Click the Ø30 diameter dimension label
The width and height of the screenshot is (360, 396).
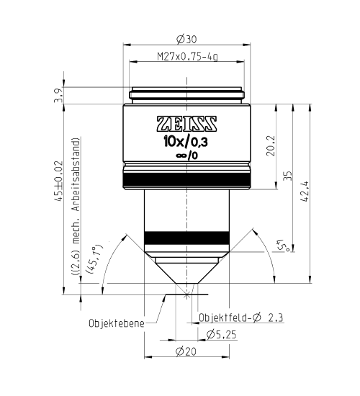pos(186,39)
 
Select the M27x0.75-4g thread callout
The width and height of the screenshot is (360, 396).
pos(187,56)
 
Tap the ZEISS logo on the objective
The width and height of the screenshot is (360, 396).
pos(186,124)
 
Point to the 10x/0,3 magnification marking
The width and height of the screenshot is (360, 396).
pos(186,143)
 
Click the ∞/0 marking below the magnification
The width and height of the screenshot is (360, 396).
pos(186,156)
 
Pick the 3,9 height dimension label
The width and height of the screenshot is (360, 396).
pos(58,96)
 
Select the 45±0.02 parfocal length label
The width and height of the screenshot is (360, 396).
pos(58,181)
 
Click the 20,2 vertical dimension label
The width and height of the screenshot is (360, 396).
pos(271,145)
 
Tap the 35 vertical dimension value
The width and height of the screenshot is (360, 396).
pos(288,176)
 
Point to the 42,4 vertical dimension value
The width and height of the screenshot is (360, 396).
pos(306,192)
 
